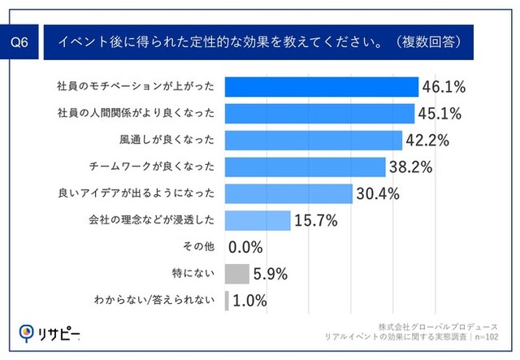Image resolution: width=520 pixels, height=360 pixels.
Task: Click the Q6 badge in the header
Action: tap(19, 42)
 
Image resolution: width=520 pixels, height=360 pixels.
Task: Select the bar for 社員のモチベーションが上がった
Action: tap(322, 87)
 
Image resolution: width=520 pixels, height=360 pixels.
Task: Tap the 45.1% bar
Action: tap(319, 114)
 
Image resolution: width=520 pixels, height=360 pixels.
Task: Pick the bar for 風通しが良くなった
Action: tap(314, 141)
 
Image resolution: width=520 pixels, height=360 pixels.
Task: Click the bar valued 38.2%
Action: tap(305, 167)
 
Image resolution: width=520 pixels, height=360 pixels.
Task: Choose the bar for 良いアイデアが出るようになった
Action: tap(288, 193)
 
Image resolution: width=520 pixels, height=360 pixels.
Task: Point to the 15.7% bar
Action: tap(258, 221)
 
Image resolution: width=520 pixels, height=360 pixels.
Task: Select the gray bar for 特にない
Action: tap(237, 274)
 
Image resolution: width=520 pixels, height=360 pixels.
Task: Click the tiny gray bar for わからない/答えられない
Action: tap(227, 301)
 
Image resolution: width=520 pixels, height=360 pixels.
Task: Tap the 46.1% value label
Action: tap(444, 87)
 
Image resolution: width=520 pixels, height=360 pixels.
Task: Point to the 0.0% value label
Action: tap(245, 247)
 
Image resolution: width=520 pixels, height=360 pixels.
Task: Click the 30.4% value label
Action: tap(378, 193)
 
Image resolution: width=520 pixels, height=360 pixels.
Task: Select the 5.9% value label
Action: tap(271, 274)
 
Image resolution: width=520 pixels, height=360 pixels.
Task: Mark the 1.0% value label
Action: tap(249, 301)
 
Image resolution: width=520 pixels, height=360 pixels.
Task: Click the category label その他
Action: tap(198, 246)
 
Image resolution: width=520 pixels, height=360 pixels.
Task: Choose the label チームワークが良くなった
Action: tap(152, 167)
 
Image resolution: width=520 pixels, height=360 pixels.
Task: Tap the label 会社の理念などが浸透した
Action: tap(152, 219)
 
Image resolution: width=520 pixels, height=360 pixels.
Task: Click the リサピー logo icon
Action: tap(26, 333)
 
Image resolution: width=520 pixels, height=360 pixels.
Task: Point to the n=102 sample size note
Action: tap(487, 337)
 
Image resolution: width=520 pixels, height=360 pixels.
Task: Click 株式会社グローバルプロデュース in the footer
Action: tap(438, 327)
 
